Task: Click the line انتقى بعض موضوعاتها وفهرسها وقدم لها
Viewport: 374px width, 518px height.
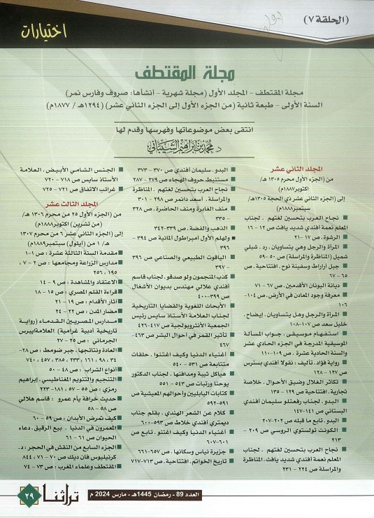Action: pos(186,129)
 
